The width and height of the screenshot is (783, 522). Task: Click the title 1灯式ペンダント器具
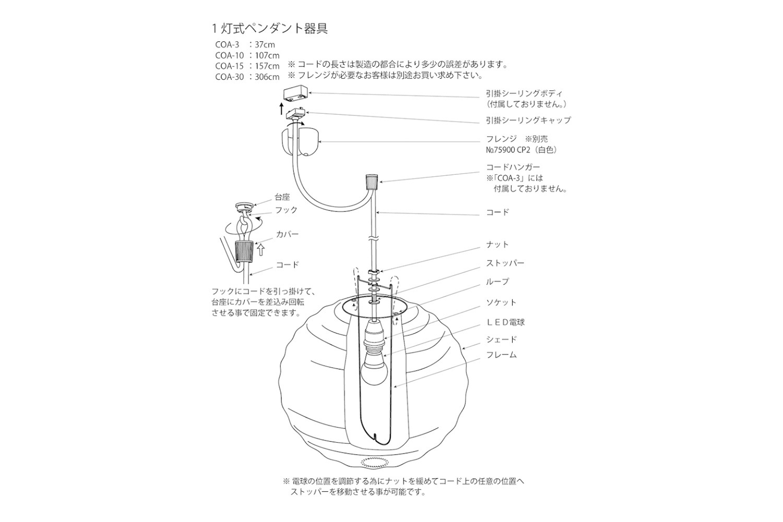(270, 29)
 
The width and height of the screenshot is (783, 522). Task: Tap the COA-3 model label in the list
(227, 45)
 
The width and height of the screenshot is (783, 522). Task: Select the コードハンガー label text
(513, 168)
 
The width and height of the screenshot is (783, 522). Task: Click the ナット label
(497, 244)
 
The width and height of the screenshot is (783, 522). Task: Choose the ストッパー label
(505, 263)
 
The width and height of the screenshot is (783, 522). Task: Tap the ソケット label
(501, 302)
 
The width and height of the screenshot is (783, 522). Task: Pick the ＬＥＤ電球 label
(505, 322)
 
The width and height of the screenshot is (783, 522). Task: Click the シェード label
(501, 339)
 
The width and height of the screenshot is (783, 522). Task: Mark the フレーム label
(501, 355)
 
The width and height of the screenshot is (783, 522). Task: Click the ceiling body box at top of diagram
(296, 94)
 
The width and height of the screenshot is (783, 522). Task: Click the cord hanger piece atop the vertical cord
(373, 182)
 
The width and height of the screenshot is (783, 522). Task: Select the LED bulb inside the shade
(374, 368)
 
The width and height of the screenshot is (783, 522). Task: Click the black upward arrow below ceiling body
(281, 109)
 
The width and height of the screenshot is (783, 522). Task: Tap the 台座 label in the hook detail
(282, 197)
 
